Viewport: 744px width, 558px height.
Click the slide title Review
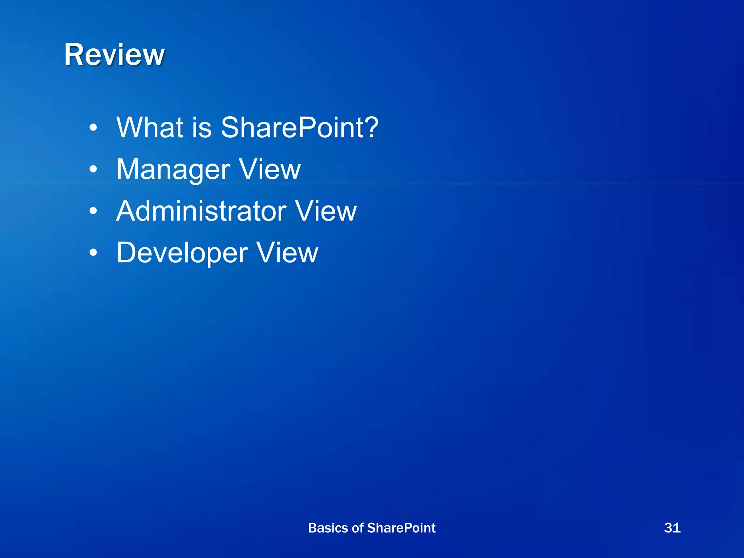(114, 55)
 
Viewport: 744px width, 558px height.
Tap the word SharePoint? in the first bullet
(299, 128)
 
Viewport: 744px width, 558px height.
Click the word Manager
(173, 170)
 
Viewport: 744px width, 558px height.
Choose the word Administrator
(201, 211)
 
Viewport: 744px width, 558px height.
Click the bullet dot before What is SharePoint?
(93, 128)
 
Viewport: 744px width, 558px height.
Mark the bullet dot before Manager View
(93, 169)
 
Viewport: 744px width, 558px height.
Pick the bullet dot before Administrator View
(93, 211)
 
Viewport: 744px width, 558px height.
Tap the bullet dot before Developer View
(93, 253)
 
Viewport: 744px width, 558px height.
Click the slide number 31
(672, 527)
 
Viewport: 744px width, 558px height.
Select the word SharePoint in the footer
(401, 528)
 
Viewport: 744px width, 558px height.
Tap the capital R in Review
(74, 55)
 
